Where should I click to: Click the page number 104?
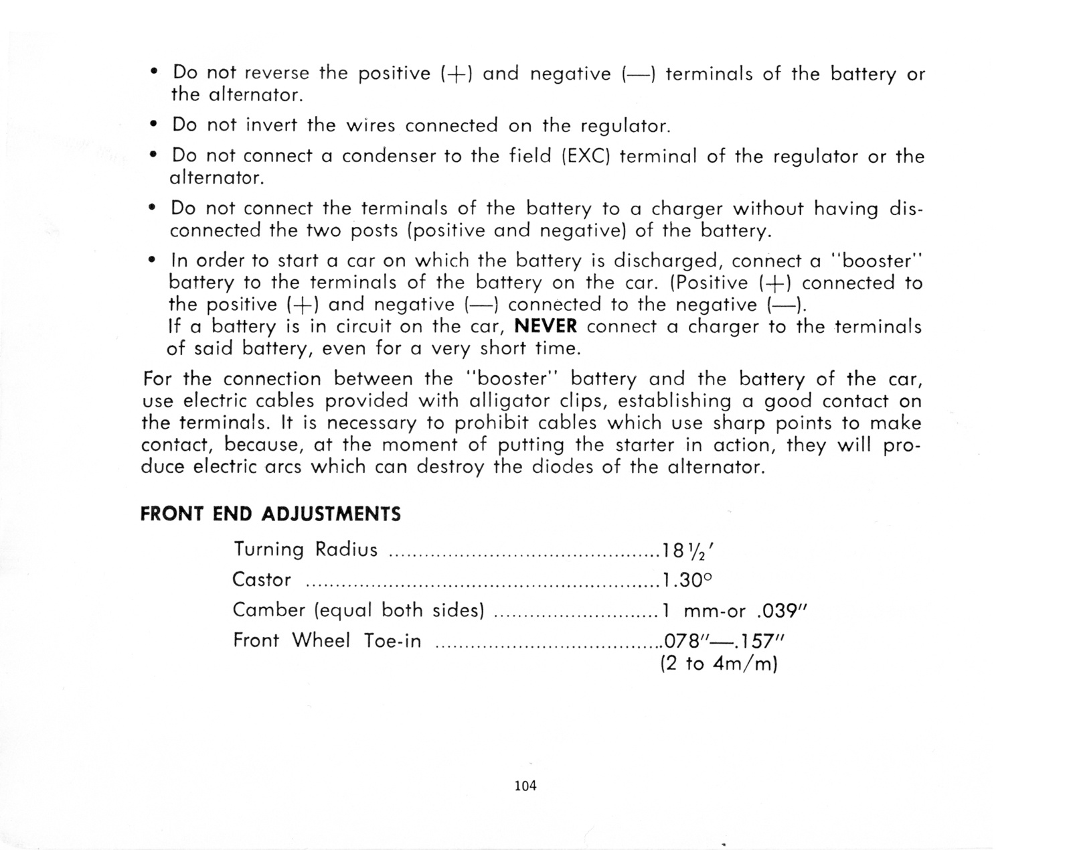(x=525, y=786)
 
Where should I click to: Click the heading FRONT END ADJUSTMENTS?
(x=270, y=514)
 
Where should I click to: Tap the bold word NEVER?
(x=545, y=327)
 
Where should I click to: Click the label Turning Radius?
(x=306, y=550)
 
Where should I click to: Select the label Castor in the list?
(x=262, y=580)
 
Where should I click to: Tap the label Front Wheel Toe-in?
(x=327, y=641)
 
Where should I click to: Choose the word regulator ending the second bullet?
(x=625, y=127)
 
